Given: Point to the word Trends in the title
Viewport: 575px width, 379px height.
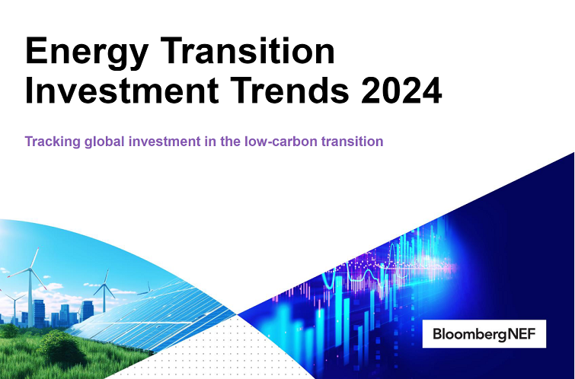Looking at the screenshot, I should click(291, 92).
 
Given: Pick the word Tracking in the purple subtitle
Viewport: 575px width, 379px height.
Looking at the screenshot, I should click(52, 142).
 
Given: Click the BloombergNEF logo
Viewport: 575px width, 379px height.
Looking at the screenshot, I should click(484, 333).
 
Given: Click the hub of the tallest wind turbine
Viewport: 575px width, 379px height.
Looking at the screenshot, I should click(32, 269).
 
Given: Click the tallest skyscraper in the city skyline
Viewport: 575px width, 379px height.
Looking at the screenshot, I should click(39, 311).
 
